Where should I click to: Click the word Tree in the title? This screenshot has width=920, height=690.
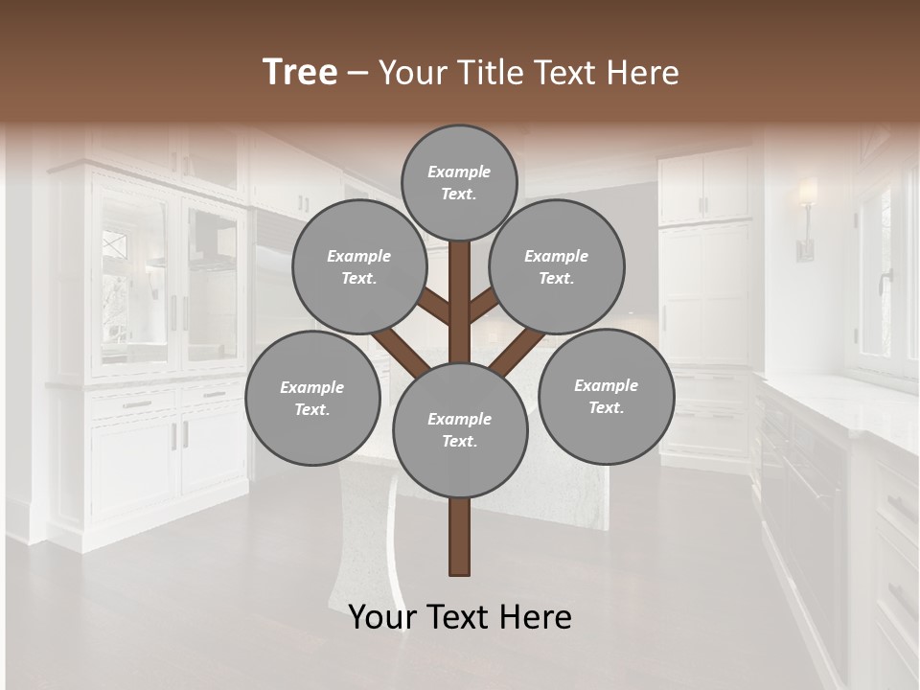coord(300,73)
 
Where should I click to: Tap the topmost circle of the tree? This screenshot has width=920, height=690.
coord(459,182)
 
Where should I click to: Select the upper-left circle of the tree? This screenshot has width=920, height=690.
coord(359,266)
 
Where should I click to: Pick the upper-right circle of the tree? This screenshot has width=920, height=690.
coord(557,266)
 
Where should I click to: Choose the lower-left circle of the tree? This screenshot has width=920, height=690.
coord(312,398)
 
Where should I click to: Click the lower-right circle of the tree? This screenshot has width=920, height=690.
coord(606,396)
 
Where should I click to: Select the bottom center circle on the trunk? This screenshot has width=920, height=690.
coord(459,429)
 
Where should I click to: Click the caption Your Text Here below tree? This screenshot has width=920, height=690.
coord(460,617)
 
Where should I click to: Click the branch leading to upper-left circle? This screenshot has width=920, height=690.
coord(433,308)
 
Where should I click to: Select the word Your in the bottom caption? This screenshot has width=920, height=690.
coord(381,617)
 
